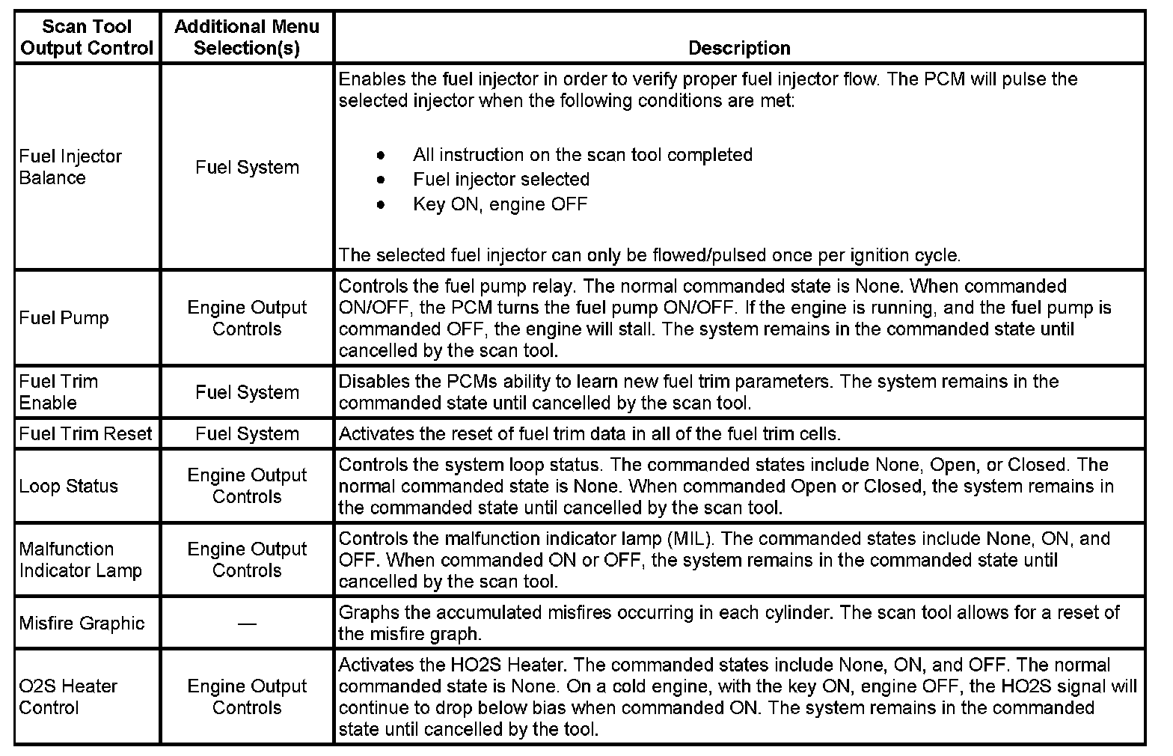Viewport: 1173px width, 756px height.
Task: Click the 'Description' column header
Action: pyautogui.click(x=738, y=48)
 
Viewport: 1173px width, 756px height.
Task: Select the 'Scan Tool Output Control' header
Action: pyautogui.click(x=87, y=37)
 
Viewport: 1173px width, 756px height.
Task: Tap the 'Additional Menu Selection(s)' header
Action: pyautogui.click(x=246, y=37)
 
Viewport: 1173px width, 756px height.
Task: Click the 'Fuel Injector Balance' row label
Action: pyautogui.click(x=70, y=167)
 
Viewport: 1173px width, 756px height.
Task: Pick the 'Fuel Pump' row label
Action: pyautogui.click(x=64, y=318)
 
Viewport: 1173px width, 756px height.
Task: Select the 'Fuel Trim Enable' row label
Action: pyautogui.click(x=58, y=392)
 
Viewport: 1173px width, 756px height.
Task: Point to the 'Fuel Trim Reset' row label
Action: pyautogui.click(x=85, y=434)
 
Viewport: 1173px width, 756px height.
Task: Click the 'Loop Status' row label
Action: pyautogui.click(x=69, y=487)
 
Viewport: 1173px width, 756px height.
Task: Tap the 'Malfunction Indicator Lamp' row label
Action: pyautogui.click(x=80, y=560)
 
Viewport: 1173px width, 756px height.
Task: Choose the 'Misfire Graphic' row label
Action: pyautogui.click(x=82, y=624)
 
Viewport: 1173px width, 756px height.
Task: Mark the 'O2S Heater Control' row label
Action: pyautogui.click(x=68, y=697)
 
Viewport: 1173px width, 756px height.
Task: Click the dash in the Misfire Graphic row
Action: pyautogui.click(x=246, y=624)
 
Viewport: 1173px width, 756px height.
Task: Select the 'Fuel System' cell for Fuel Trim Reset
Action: pyautogui.click(x=247, y=434)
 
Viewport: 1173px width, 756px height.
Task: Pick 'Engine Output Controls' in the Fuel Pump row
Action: pyautogui.click(x=247, y=318)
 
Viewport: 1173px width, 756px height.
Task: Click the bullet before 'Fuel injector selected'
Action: pyautogui.click(x=382, y=180)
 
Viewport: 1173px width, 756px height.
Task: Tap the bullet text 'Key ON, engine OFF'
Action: pyautogui.click(x=500, y=204)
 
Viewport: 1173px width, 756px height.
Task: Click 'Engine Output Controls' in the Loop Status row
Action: pyautogui.click(x=247, y=487)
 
